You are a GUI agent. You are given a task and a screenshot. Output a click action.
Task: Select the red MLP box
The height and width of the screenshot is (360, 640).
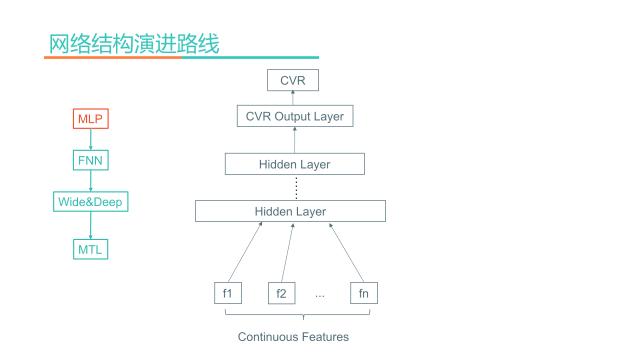pos(91,119)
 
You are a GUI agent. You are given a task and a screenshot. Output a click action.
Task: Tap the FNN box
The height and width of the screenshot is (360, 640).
pos(91,160)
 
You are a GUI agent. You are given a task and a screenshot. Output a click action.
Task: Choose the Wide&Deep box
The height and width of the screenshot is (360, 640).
pos(91,202)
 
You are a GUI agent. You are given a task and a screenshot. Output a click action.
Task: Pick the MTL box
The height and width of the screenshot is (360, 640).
pos(91,248)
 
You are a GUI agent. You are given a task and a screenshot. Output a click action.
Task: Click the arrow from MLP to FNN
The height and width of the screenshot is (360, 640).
pos(91,139)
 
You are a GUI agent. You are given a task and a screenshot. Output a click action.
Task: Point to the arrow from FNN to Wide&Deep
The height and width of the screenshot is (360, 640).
pos(91,181)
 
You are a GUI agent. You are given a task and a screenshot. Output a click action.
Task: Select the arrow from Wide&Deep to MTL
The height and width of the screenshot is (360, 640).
pos(91,225)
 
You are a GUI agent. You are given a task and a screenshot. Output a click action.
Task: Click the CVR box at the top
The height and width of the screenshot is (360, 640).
pos(293,80)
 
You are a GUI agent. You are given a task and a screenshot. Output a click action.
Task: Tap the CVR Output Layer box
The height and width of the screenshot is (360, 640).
pos(294,117)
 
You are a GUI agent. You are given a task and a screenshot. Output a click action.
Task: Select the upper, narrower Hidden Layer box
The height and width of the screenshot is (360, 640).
pos(294,164)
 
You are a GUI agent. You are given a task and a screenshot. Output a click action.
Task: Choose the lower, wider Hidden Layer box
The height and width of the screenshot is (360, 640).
pos(290,211)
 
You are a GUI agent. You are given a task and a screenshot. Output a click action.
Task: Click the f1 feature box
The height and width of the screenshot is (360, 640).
pos(228,293)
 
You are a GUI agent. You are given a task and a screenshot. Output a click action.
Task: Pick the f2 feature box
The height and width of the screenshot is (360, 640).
pos(282,293)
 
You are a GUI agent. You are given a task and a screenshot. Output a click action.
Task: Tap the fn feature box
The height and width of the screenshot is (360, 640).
pos(364,293)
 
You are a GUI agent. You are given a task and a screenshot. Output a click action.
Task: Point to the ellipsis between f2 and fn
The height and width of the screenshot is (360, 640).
pos(320,294)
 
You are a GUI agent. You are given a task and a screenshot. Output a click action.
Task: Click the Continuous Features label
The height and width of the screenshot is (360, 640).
pos(293,337)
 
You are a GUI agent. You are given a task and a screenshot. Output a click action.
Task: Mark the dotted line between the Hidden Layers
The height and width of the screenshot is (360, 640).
pos(296,187)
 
